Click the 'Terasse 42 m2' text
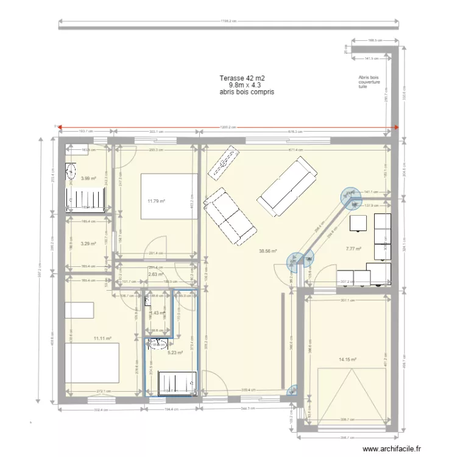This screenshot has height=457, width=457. click(243, 79)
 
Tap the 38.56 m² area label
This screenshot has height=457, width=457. click(267, 250)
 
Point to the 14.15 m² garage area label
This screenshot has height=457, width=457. click(347, 360)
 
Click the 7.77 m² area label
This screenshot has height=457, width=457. click(353, 249)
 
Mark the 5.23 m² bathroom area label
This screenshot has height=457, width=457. click(175, 352)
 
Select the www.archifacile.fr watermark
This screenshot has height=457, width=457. click(392, 448)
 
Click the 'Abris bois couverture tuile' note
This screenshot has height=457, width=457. click(369, 82)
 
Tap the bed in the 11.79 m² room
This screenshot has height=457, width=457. click(169, 196)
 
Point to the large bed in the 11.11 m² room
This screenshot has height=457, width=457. click(91, 362)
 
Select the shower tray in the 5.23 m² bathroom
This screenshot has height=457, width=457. click(177, 383)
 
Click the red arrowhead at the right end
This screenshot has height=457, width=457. click(396, 127)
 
